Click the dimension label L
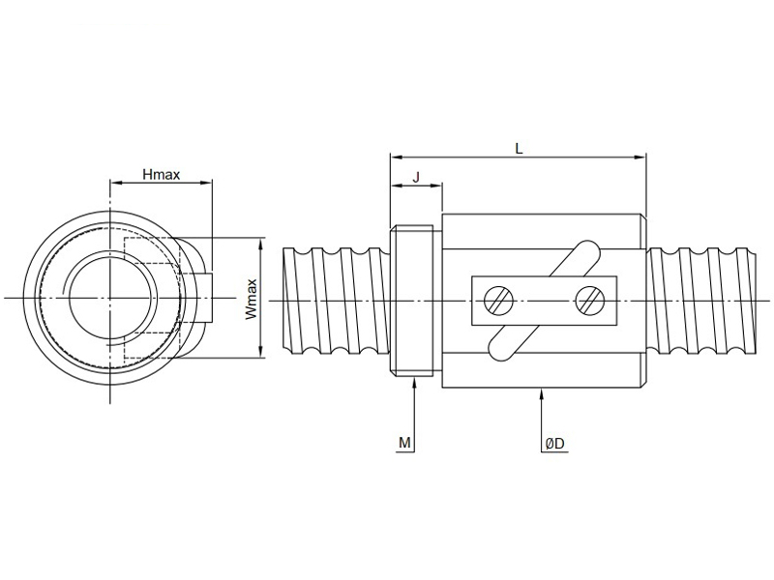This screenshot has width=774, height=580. tap(519, 148)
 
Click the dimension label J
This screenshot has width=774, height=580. tap(416, 176)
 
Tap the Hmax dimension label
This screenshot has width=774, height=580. tap(161, 175)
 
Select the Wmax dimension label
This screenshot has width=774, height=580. tap(251, 300)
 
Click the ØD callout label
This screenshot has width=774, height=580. tap(555, 443)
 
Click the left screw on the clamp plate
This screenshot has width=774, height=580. tap(497, 301)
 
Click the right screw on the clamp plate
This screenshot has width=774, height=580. tap(588, 301)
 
